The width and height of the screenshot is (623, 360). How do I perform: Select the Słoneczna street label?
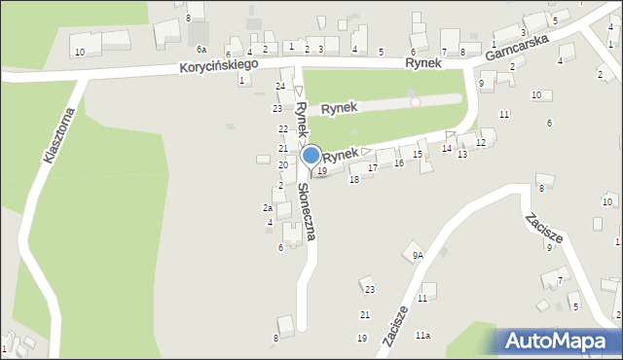pyautogui.click(x=309, y=212)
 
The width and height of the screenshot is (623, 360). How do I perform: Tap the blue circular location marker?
pyautogui.click(x=311, y=155)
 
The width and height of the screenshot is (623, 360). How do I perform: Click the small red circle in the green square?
pyautogui.click(x=416, y=101)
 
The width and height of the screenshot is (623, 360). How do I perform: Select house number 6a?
pyautogui.click(x=202, y=49)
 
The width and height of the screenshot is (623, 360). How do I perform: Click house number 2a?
pyautogui.click(x=267, y=207)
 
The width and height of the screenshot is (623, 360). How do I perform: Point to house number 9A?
pyautogui.click(x=418, y=255)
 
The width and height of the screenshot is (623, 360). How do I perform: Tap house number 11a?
pyautogui.click(x=422, y=335)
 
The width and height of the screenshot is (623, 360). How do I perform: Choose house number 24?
pyautogui.click(x=280, y=87)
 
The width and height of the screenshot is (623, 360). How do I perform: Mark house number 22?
pyautogui.click(x=282, y=128)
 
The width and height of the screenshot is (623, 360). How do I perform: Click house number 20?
pyautogui.click(x=282, y=165)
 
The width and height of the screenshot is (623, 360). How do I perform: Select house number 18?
pyautogui.click(x=354, y=180)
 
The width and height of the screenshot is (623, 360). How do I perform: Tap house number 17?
pyautogui.click(x=372, y=168)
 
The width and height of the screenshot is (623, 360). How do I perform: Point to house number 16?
pyautogui.click(x=398, y=162)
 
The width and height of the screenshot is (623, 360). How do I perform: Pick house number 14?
pyautogui.click(x=446, y=148)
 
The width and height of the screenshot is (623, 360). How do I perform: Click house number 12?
pyautogui.click(x=480, y=143)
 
